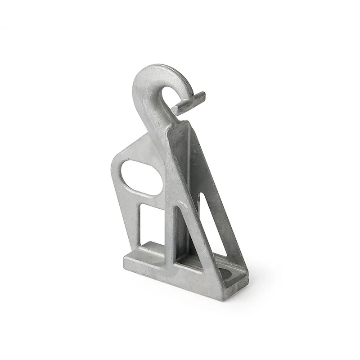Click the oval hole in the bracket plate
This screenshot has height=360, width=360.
(x=140, y=177)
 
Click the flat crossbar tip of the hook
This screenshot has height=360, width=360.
(x=189, y=102)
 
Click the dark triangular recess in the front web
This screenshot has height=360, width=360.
(x=184, y=234)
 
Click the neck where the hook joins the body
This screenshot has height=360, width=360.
(x=169, y=119)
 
